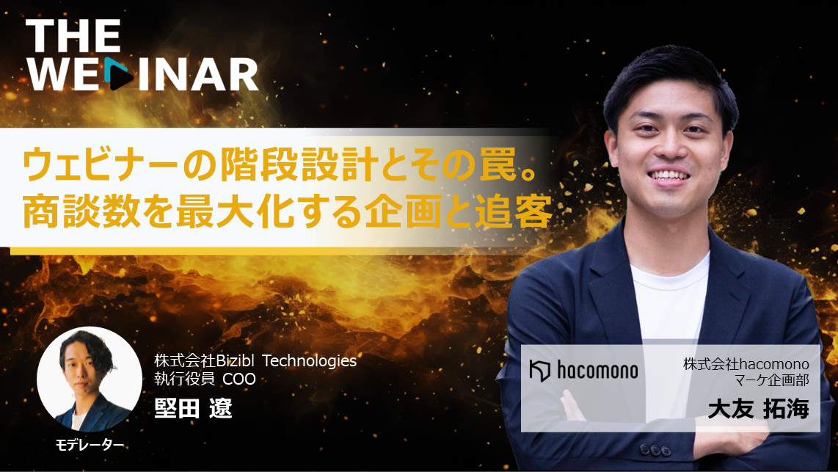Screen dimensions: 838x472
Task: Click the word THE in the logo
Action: (x=73, y=36)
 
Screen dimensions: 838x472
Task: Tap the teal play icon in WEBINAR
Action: (x=118, y=73)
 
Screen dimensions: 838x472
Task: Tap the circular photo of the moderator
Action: (x=90, y=379)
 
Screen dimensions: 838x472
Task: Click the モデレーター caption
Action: (x=90, y=446)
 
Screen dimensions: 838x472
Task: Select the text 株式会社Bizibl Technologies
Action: (x=255, y=361)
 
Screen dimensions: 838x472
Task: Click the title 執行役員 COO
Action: (x=205, y=379)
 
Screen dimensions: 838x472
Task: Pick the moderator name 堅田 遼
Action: (x=193, y=409)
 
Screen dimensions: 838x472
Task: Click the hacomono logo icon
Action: (x=540, y=371)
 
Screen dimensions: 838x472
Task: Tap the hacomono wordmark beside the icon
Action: (x=597, y=370)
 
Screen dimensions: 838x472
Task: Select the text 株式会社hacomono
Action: (x=746, y=365)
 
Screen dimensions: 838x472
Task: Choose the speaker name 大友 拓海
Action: (x=758, y=410)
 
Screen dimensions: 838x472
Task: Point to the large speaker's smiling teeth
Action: (x=668, y=175)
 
